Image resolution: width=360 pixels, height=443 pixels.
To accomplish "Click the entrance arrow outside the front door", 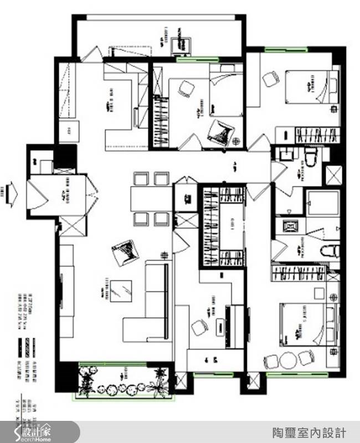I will point(11,194).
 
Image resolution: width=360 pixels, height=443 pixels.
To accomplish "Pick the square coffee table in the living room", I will point(121,291).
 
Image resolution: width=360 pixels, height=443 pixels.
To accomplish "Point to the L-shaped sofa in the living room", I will point(150,304).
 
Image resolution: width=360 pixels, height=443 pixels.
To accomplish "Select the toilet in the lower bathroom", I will point(328,249).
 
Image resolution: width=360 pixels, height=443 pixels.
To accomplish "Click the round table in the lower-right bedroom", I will point(289,361).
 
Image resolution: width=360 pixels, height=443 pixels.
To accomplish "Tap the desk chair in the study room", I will point(199,328).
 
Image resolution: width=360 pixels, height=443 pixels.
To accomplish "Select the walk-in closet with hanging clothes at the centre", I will point(222,227).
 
